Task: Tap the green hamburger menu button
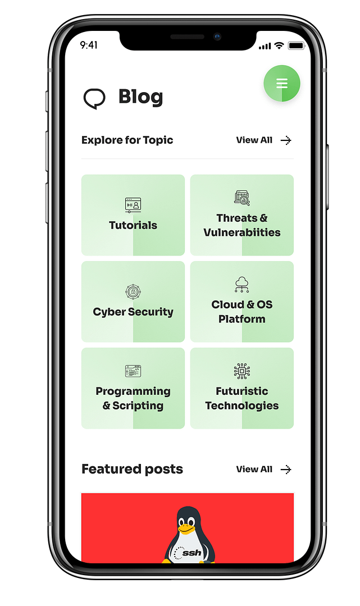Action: pos(282,84)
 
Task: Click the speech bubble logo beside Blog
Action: pos(94,98)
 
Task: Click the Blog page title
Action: pos(140,97)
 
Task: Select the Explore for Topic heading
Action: pos(127,140)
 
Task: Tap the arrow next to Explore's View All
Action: pos(286,140)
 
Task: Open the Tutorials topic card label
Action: pos(133,225)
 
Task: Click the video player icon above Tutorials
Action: pos(133,205)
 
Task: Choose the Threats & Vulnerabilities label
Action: pos(242,225)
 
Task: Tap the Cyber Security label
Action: pos(133,312)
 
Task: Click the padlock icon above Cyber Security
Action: pos(133,292)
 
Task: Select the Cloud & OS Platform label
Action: pos(242,312)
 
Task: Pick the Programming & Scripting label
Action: pos(133,398)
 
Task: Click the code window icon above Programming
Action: pos(133,371)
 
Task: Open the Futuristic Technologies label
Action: pos(242,398)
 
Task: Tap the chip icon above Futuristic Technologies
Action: pos(242,371)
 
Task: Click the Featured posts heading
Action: pos(133,470)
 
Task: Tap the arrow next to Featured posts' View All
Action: pos(286,470)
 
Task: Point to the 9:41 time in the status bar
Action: pos(89,45)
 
